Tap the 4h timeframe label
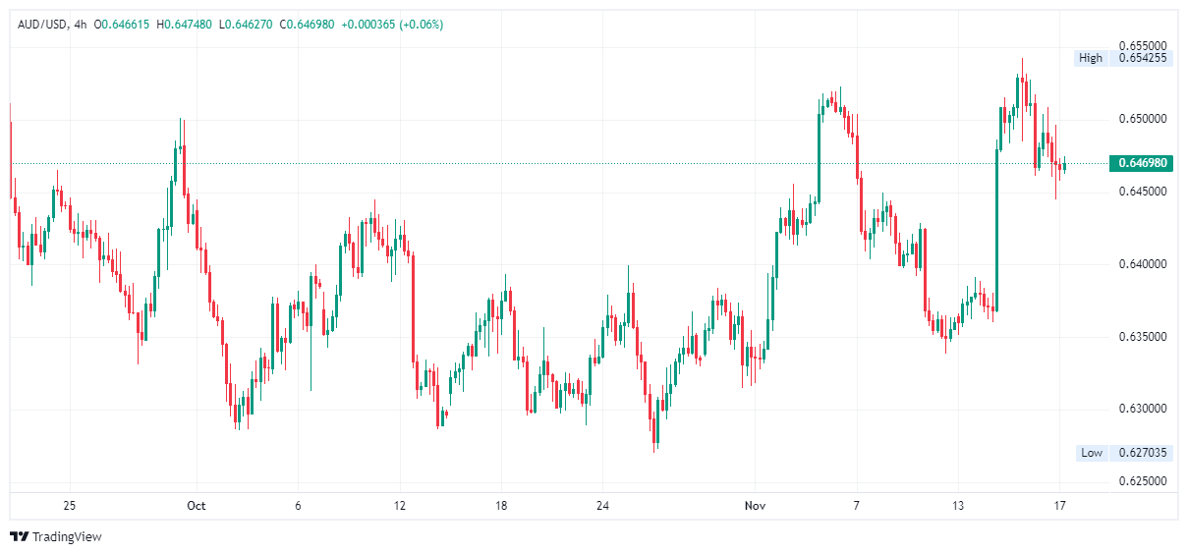81,24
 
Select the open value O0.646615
122,24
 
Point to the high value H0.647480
184,24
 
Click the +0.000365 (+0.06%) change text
392,24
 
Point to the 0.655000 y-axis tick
1144,46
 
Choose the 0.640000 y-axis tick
1144,264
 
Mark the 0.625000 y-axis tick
1144,481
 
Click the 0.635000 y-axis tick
1144,337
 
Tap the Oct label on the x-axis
197,506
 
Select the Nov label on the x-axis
756,506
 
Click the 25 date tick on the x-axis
69,506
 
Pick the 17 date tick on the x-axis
1060,506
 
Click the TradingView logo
56,536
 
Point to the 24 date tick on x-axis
603,506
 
